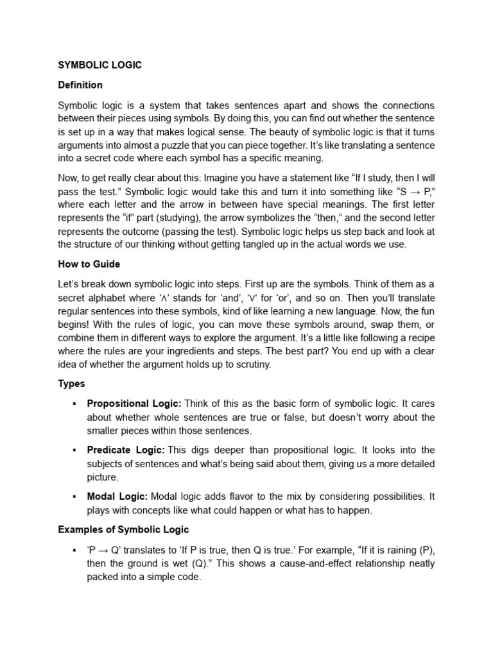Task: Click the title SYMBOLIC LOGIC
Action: [99, 65]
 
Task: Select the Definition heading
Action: [80, 85]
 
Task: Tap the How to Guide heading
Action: [89, 264]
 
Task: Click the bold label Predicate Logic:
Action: [126, 450]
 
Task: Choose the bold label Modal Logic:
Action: [117, 497]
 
